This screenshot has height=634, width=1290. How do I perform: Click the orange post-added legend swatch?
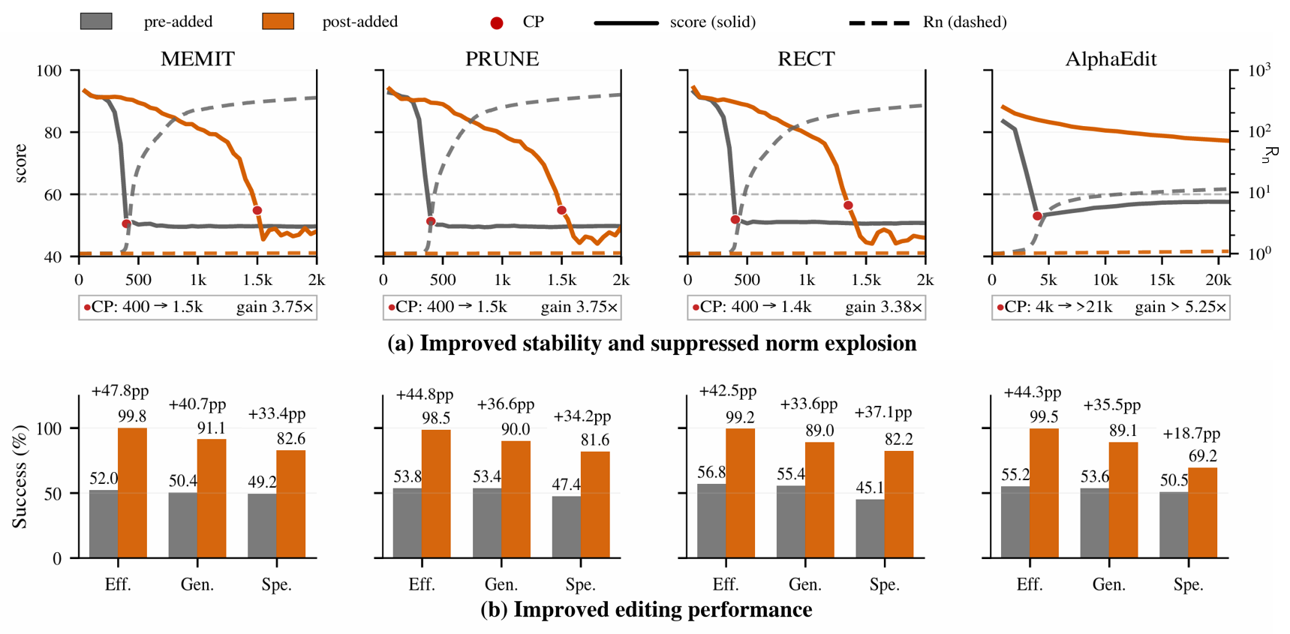(278, 21)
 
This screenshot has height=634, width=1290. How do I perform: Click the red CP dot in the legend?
(496, 23)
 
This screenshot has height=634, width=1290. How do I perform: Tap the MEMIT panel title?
(197, 59)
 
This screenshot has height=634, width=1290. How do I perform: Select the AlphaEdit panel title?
(1111, 59)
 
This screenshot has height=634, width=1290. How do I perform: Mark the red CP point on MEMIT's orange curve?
(257, 211)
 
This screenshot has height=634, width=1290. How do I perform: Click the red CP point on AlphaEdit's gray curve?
(1037, 216)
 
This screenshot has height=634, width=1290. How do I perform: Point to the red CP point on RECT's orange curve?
(848, 206)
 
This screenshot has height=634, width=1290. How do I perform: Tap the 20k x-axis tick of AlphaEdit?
(1218, 281)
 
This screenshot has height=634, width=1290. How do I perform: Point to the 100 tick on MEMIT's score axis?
(52, 71)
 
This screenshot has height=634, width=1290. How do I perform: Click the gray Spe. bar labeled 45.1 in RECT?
(870, 528)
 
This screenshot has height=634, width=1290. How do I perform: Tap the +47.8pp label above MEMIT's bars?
(120, 391)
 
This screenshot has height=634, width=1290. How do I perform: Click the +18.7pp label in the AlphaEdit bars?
(1191, 434)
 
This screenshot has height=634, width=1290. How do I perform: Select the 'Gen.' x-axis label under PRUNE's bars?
(501, 584)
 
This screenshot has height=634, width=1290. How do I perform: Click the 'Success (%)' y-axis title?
(20, 477)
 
